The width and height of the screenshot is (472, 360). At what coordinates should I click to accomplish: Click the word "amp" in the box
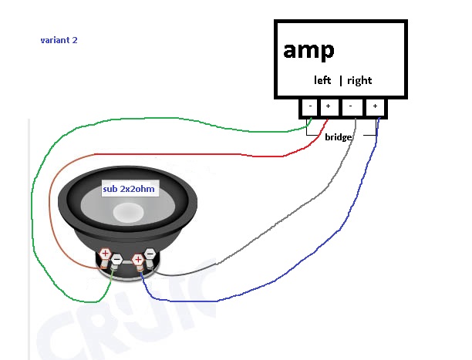pos(308,50)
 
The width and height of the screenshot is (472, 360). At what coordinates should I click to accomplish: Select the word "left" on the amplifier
pos(322,80)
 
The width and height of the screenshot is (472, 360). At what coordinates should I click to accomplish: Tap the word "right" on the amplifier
pos(359,80)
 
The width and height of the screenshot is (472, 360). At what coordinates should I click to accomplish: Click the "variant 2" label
pos(59,39)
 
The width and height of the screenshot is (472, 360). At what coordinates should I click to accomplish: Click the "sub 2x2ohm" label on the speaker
pos(130,190)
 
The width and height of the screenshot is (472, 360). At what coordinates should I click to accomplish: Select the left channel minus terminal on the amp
pos(310,107)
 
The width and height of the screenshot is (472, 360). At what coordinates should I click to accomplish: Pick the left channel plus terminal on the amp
pos(328,107)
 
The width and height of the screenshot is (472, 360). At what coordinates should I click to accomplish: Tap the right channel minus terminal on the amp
pos(352,107)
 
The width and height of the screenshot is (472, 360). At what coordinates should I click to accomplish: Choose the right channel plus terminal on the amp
pos(376,107)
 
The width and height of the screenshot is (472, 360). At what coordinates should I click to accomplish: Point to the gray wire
pos(270,231)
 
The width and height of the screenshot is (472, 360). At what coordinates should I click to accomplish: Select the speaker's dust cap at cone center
pos(127,211)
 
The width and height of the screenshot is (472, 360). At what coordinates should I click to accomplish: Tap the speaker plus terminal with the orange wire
pos(105,254)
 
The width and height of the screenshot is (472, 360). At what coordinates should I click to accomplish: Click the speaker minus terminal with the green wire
pos(116,261)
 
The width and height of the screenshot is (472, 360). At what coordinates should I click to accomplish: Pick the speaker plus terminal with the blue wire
pos(139,259)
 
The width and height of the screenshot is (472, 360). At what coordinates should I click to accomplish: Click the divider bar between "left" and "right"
pos(340,80)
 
